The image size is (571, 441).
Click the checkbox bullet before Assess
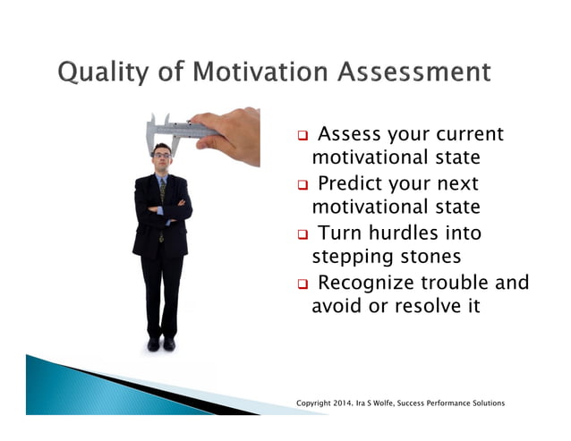click(x=303, y=137)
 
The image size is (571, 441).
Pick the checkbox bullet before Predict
click(x=303, y=186)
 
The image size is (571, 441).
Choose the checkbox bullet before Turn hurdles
click(x=303, y=235)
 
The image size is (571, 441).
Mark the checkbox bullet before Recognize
click(x=303, y=284)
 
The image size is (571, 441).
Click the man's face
click(x=162, y=159)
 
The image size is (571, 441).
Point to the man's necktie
click(x=162, y=191)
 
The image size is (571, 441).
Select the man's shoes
click(x=161, y=344)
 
